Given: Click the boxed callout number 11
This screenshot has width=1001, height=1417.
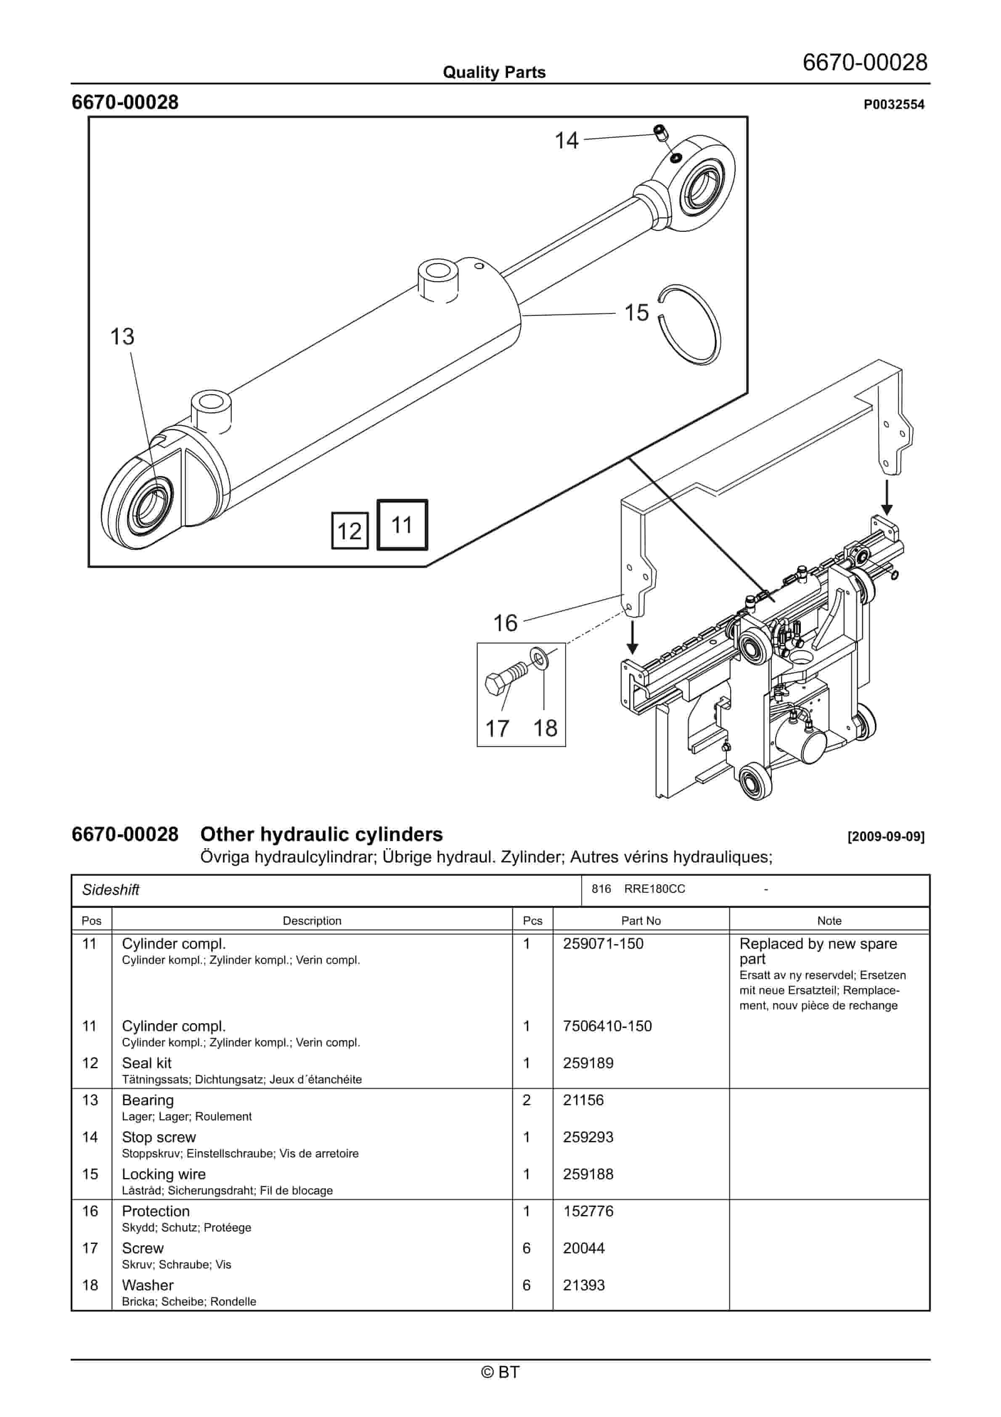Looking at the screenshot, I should click(x=402, y=525).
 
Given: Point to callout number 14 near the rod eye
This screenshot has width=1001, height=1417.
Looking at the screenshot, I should click(x=567, y=141).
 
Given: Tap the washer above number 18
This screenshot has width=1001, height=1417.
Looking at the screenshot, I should click(x=538, y=658).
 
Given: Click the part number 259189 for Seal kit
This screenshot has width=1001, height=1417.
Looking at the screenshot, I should click(x=588, y=1063).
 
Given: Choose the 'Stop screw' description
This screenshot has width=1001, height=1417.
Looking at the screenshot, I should click(x=159, y=1137).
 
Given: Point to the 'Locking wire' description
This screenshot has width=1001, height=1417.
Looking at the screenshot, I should click(x=164, y=1174).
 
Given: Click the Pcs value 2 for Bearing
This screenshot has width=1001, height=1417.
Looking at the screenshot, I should click(x=527, y=1100).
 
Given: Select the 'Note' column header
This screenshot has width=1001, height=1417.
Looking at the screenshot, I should click(x=829, y=920).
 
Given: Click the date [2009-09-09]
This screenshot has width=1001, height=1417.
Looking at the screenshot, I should click(x=886, y=837).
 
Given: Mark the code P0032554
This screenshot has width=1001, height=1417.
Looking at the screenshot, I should click(x=894, y=104).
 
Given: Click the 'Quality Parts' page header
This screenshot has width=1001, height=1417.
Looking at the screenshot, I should click(x=494, y=72).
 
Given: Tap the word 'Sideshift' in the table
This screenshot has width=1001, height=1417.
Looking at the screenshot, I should click(x=111, y=889).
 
